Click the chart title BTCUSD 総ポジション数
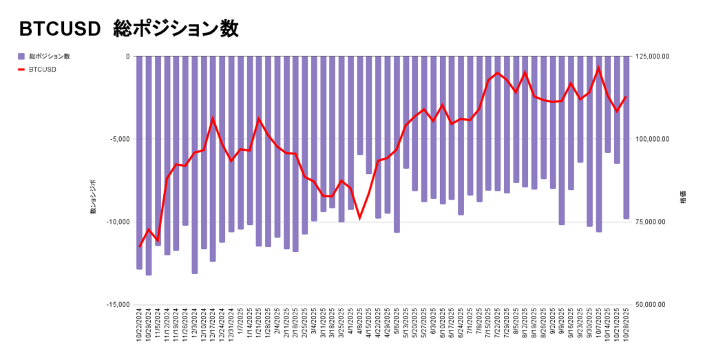pos(129,28)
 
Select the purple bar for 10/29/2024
pos(149,165)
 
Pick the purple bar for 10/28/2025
pos(627,138)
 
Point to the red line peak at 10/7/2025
pos(599,67)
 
